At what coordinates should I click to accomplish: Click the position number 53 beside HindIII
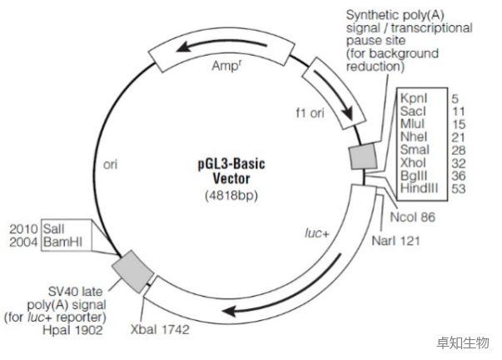click(460, 192)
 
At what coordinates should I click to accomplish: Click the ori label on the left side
click(109, 164)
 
